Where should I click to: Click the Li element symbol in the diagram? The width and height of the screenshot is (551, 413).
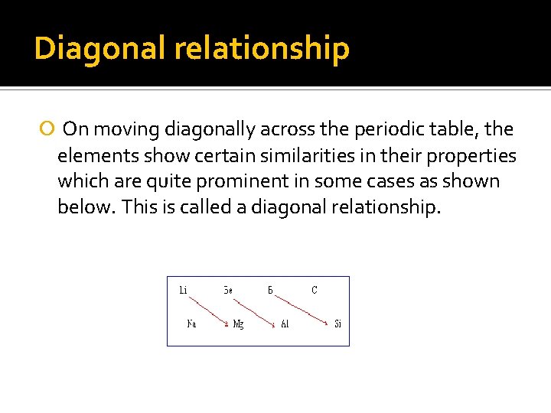coord(184,290)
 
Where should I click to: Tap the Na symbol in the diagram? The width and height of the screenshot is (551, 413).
coord(191,324)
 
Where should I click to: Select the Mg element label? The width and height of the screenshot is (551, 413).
coord(239,324)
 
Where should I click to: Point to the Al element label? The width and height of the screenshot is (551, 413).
coord(285,324)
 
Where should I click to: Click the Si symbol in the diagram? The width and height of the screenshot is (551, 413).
coord(337,324)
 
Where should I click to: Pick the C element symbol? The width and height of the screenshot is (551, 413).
coord(315,290)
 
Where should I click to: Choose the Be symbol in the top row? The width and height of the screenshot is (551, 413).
coord(228,290)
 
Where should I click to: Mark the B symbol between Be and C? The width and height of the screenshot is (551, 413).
coord(271,290)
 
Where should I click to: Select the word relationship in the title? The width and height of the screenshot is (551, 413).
coord(262,48)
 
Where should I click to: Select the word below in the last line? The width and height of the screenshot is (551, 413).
coord(83,208)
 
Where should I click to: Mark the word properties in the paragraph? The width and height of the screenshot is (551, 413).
coord(474,156)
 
